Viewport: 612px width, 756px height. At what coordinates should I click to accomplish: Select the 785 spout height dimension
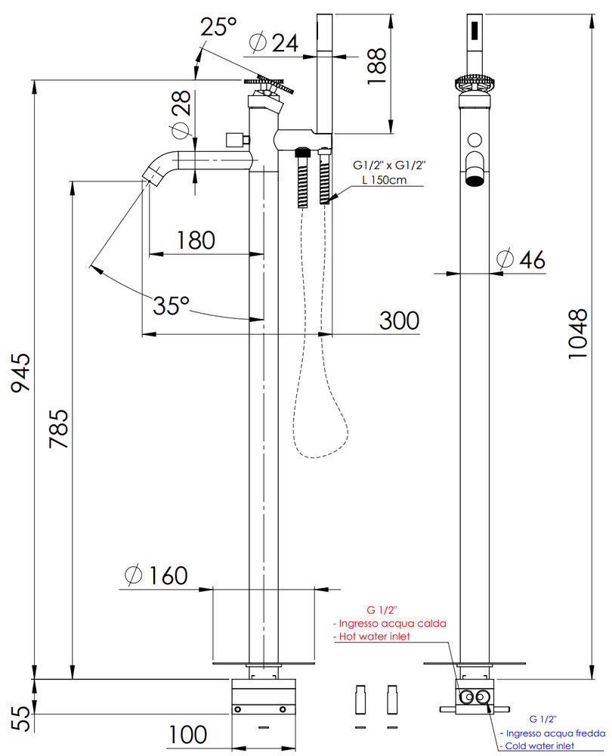[58, 429]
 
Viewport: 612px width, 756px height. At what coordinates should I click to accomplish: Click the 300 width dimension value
[397, 321]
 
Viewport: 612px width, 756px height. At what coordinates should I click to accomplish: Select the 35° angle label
[171, 306]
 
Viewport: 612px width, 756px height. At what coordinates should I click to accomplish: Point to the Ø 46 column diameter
[521, 259]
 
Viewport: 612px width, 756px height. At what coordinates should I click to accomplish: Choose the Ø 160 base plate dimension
[155, 576]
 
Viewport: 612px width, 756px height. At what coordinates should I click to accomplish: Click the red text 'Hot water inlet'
[373, 637]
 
